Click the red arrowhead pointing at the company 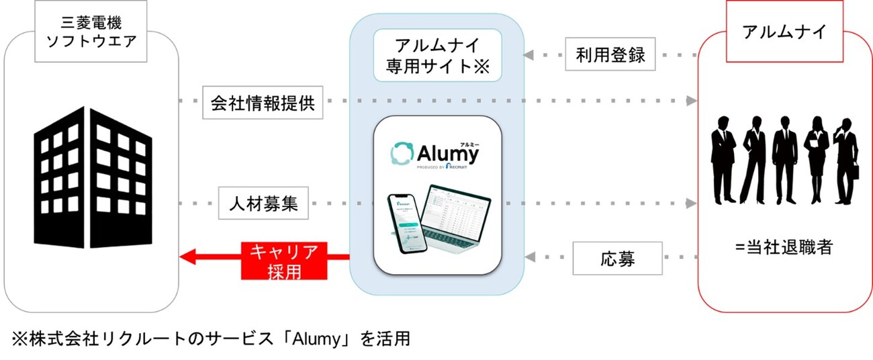(188, 257)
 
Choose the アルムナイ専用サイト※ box (437, 56)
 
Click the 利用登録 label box (610, 55)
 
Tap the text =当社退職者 (783, 247)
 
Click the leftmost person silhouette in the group (723, 159)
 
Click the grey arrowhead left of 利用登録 (529, 55)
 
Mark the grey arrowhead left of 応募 (529, 257)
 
